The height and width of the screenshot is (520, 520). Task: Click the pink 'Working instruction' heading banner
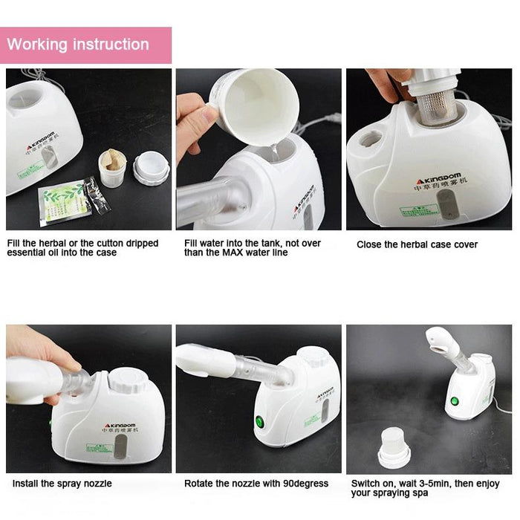coord(85,45)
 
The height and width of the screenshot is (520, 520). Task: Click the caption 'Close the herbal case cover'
coord(417,244)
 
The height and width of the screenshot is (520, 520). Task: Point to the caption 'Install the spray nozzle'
coord(62,484)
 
